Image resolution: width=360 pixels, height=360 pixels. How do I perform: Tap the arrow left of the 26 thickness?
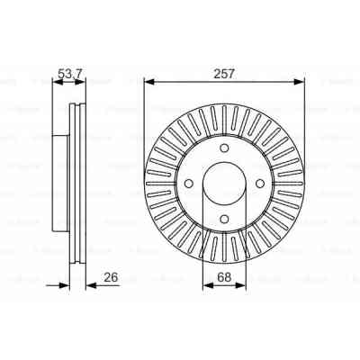[66, 287]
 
